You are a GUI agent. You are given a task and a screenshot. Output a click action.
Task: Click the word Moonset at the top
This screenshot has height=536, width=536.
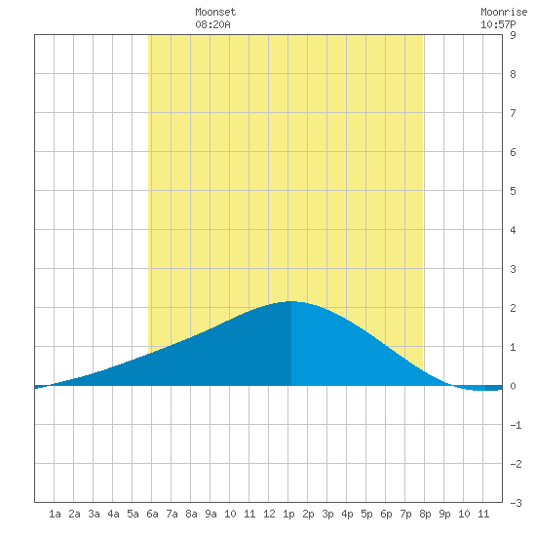pos(215,12)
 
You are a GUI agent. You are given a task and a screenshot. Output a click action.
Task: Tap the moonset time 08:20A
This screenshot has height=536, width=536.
pos(212,24)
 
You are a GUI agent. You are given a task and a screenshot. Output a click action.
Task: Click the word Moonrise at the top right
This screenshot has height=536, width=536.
pos(504,12)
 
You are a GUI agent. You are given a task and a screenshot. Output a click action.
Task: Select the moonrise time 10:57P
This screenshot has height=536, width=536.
pos(498,24)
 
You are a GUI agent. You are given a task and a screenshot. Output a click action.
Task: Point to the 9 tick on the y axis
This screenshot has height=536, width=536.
pos(513,35)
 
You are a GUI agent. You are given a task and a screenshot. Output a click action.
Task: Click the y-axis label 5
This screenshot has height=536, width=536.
pos(513,191)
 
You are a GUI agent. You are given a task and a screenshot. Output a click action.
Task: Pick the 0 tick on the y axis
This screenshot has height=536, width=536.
pos(513,386)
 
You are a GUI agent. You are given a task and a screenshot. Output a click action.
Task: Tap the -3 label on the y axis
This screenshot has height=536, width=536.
pos(516,503)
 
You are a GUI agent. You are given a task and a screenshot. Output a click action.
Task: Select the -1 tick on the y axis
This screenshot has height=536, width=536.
pos(516,425)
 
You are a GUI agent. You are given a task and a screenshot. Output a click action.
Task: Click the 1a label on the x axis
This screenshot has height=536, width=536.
pos(55,514)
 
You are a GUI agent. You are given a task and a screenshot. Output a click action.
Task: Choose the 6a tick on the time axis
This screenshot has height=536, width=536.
pos(152,514)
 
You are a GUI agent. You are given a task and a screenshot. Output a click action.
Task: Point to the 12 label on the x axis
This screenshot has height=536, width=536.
pos(269,514)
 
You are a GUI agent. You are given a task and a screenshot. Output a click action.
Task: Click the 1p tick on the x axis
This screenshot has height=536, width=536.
pos(288,514)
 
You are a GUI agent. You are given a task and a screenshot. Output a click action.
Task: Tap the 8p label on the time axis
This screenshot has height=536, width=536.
pos(425,514)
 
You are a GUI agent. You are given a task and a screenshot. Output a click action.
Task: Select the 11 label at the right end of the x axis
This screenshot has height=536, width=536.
pos(483,514)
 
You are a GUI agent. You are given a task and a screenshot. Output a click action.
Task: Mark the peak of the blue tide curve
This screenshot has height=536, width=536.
pos(291,301)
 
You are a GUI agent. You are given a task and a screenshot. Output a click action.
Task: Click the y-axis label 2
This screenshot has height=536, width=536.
pos(513,308)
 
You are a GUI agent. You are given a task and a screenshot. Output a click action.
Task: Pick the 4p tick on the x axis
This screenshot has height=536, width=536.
pos(347,514)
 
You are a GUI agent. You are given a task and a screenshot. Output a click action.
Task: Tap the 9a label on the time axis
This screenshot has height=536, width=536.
pos(211,514)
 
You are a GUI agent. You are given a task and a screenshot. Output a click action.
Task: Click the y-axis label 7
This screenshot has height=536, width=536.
pos(513,113)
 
